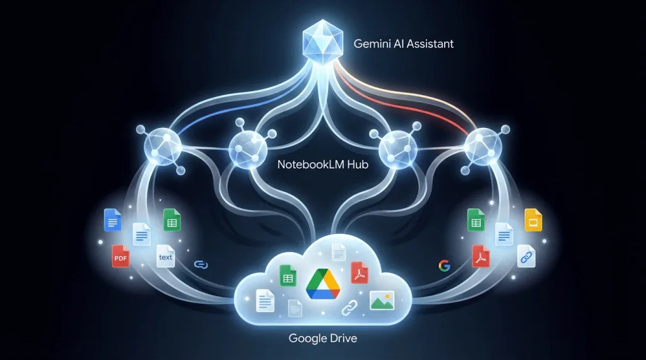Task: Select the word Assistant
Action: click(430, 44)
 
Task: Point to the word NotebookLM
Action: click(311, 165)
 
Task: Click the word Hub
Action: click(358, 165)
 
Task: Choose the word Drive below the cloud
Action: click(339, 339)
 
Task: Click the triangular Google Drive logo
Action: click(323, 283)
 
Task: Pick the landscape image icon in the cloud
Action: click(382, 300)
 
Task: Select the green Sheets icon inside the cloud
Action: click(288, 276)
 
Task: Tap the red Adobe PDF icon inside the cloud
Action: click(360, 272)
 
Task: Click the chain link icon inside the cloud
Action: click(349, 307)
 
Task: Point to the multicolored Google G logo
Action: click(444, 266)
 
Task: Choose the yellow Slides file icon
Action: click(533, 220)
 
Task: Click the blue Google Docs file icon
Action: click(112, 220)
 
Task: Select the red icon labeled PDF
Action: click(120, 256)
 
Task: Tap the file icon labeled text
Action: click(166, 256)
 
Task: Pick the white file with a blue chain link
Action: click(526, 256)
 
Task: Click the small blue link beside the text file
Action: click(201, 264)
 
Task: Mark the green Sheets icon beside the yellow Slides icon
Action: click(476, 220)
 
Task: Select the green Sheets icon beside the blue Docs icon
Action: click(172, 220)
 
